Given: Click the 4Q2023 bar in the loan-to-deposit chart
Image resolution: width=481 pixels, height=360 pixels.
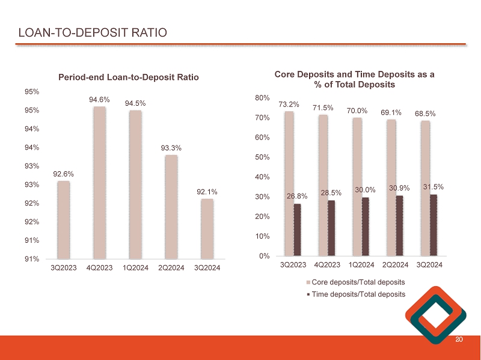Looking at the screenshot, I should coord(100,183).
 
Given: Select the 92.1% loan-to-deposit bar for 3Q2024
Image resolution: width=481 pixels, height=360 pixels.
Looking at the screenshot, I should coord(207,229).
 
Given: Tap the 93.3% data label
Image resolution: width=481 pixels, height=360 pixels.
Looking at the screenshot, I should coord(171,147).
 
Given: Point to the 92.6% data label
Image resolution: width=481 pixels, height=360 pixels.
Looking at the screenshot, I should coord(63,174).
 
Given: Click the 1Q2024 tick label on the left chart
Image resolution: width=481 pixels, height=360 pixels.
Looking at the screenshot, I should coord(135,267).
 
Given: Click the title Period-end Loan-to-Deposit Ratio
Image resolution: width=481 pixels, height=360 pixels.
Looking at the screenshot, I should coord(128,77).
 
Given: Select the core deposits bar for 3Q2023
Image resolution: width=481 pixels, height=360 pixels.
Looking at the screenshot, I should coord(289,183).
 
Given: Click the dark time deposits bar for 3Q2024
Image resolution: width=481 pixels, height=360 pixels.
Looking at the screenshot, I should coord(434,225).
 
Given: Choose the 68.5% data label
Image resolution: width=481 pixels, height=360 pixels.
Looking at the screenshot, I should coord(425,113).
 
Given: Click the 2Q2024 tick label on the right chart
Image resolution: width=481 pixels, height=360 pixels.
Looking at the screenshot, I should coord(396,264).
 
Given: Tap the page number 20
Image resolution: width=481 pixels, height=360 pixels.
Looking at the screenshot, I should coord(459,340).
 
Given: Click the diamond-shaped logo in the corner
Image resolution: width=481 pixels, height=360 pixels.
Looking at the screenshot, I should coord(436,317).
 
